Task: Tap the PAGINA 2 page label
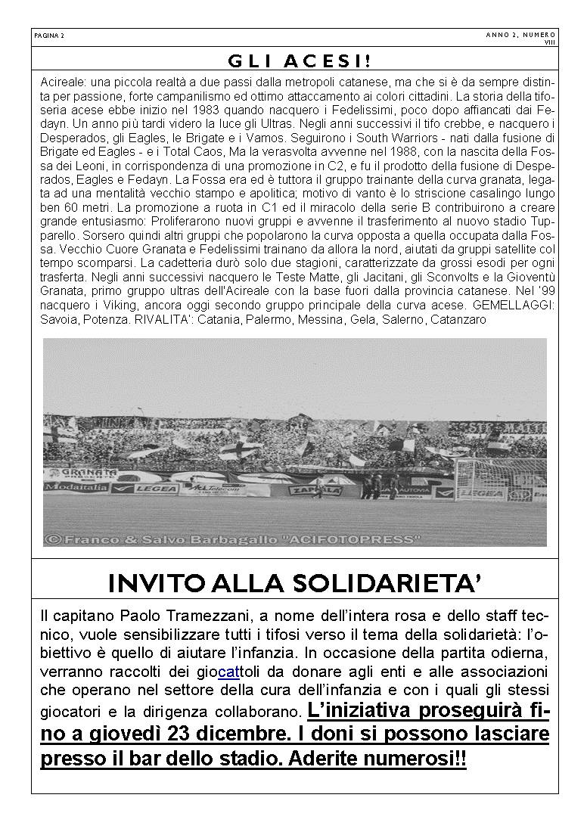tap(50, 36)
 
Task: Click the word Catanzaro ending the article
tap(458, 320)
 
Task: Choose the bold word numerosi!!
tap(418, 759)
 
